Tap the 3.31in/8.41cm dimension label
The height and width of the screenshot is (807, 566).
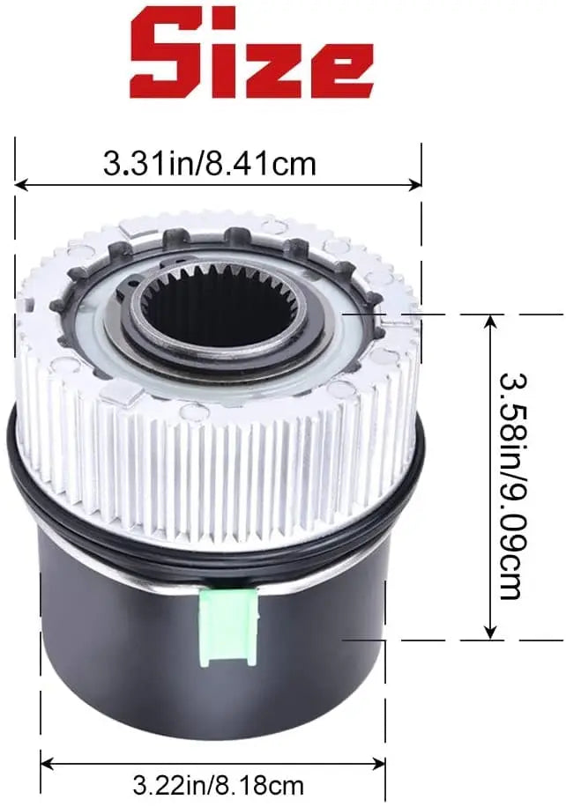pyautogui.click(x=209, y=164)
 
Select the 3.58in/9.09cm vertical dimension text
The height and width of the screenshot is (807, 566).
pyautogui.click(x=513, y=485)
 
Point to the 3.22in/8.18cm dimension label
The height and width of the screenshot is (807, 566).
pyautogui.click(x=218, y=786)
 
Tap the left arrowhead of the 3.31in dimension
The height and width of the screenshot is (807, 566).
pyautogui.click(x=20, y=184)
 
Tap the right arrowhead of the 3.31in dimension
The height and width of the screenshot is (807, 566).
pyautogui.click(x=415, y=184)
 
